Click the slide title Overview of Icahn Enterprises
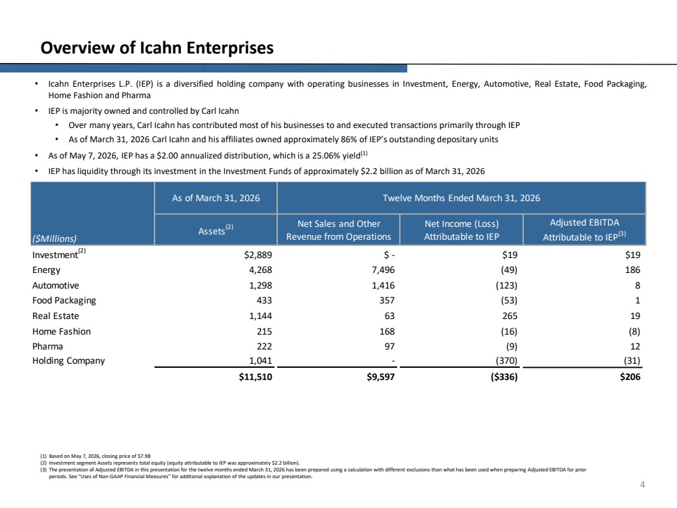click(x=157, y=48)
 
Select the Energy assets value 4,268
click(x=260, y=270)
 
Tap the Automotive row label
click(x=56, y=285)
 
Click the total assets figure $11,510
click(x=255, y=377)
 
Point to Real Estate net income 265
click(x=510, y=316)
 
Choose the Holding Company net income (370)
click(x=506, y=361)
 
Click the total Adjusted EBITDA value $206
click(x=630, y=377)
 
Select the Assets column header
click(x=216, y=230)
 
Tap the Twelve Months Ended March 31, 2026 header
click(x=461, y=198)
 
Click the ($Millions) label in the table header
click(x=54, y=238)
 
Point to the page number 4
click(x=642, y=485)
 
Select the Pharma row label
click(x=47, y=347)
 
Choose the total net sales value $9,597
click(x=381, y=377)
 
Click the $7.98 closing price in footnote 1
click(x=144, y=456)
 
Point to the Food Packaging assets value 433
click(x=264, y=301)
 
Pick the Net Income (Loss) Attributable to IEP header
click(x=461, y=230)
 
